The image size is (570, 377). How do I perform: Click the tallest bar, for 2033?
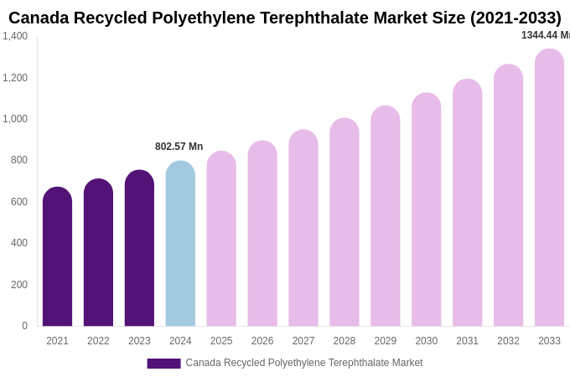pyautogui.click(x=549, y=188)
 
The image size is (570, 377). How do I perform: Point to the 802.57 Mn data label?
pyautogui.click(x=179, y=147)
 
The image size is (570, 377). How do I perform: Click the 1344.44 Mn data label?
pyautogui.click(x=545, y=35)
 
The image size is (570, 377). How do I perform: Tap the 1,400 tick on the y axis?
pyautogui.click(x=15, y=36)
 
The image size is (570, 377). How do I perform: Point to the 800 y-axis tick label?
pyautogui.click(x=18, y=160)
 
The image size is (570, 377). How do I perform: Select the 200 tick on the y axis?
pyautogui.click(x=18, y=285)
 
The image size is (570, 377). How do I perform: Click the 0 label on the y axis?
pyautogui.click(x=24, y=326)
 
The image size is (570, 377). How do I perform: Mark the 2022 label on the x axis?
pyautogui.click(x=98, y=341)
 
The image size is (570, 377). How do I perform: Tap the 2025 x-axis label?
pyautogui.click(x=221, y=341)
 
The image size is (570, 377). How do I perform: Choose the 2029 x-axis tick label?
pyautogui.click(x=386, y=341)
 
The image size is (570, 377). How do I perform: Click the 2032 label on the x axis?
pyautogui.click(x=508, y=341)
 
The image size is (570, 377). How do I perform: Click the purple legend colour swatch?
pyautogui.click(x=163, y=364)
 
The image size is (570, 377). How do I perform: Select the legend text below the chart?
pyautogui.click(x=303, y=363)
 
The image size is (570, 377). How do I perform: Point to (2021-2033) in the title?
pyautogui.click(x=516, y=18)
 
